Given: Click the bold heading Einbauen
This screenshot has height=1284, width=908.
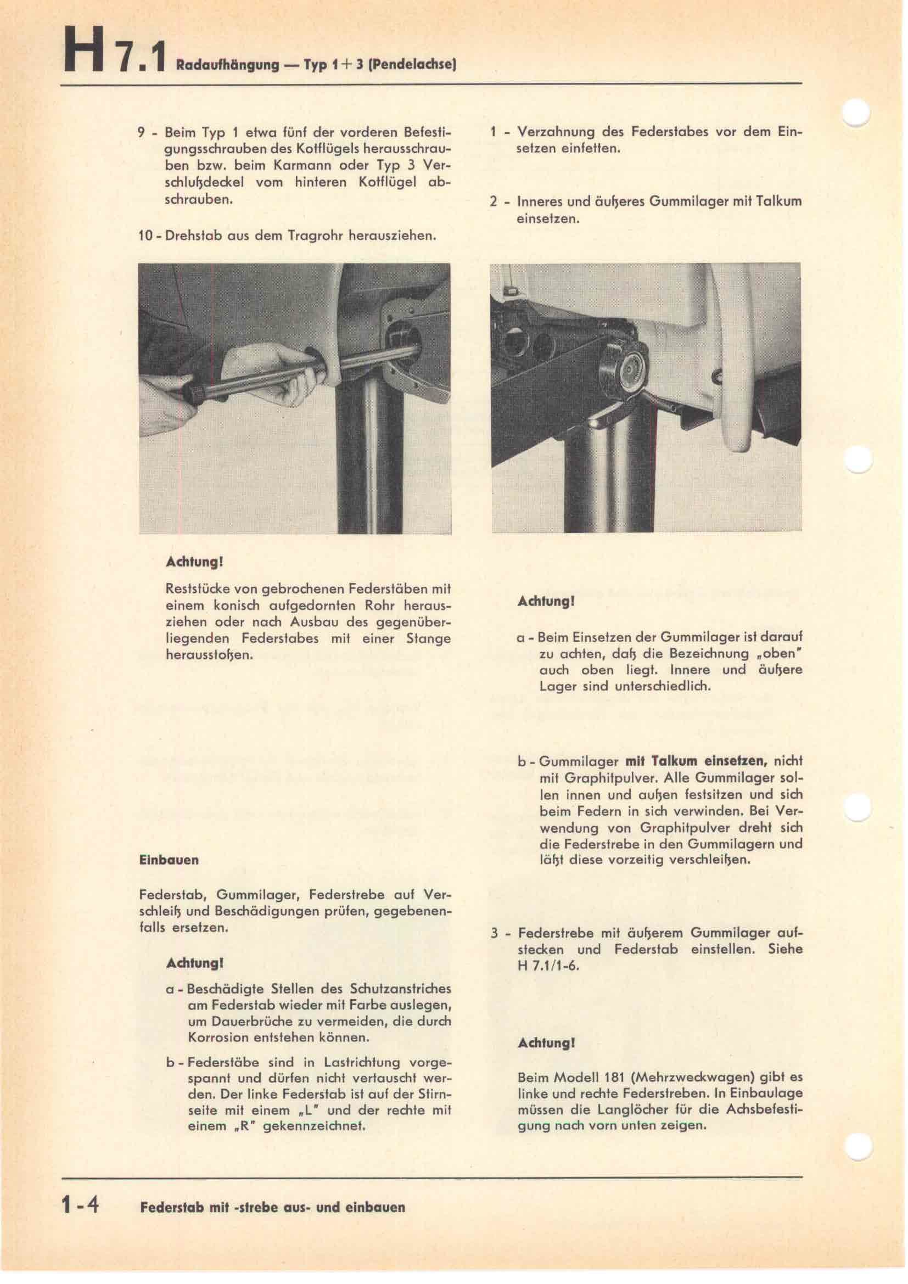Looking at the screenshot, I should pyautogui.click(x=169, y=860).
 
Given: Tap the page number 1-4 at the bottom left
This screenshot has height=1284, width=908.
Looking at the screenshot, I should pyautogui.click(x=81, y=1205).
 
